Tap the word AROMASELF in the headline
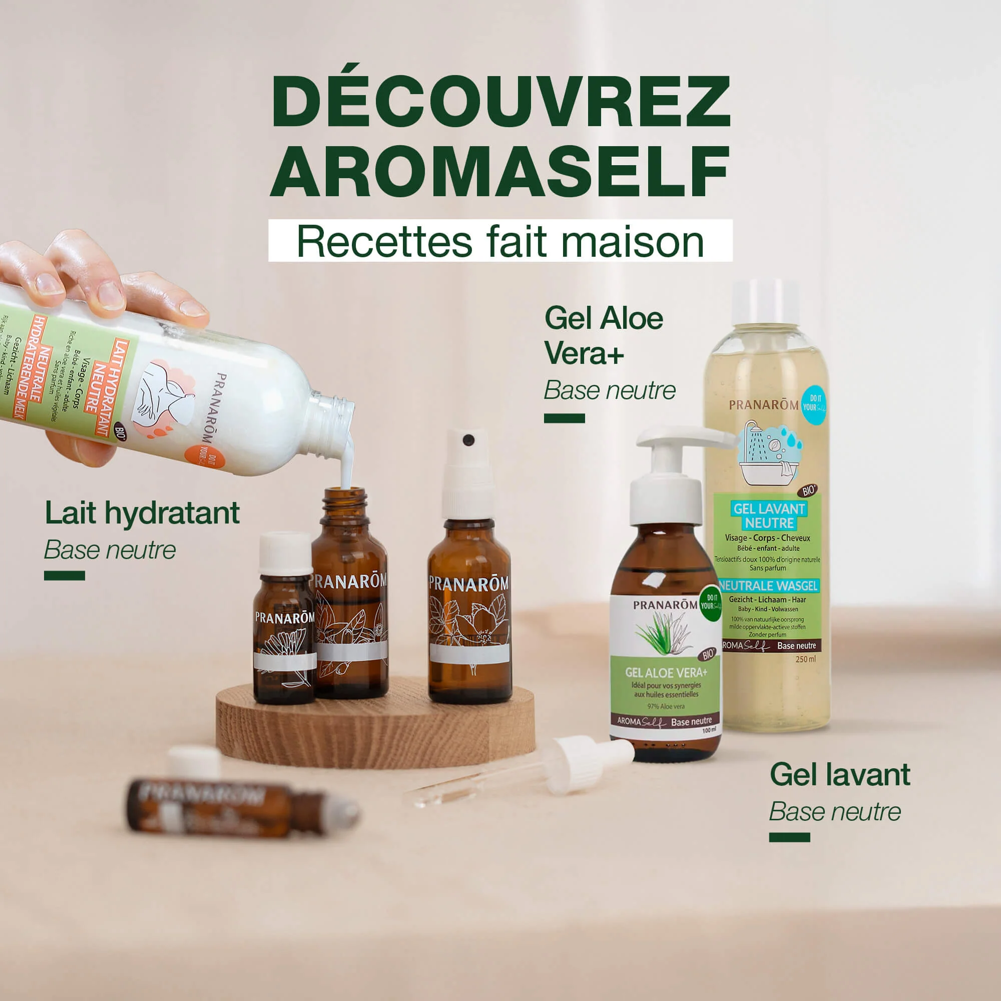tap(500, 171)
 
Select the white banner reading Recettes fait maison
tap(500, 241)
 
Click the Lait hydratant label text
tap(142, 513)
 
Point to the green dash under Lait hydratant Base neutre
tap(64, 576)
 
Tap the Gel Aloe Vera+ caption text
tap(604, 336)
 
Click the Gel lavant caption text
tap(839, 775)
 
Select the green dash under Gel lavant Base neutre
tap(789, 838)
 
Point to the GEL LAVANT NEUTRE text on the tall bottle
tap(769, 516)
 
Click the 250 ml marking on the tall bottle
tap(805, 659)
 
